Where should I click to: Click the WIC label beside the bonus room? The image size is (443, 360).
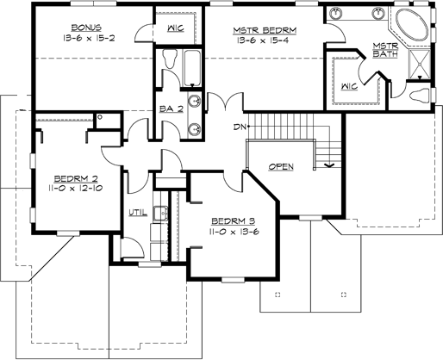pyautogui.click(x=174, y=28)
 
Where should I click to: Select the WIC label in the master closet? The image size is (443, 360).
pyautogui.click(x=349, y=86)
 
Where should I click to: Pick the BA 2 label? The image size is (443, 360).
pyautogui.click(x=170, y=110)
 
